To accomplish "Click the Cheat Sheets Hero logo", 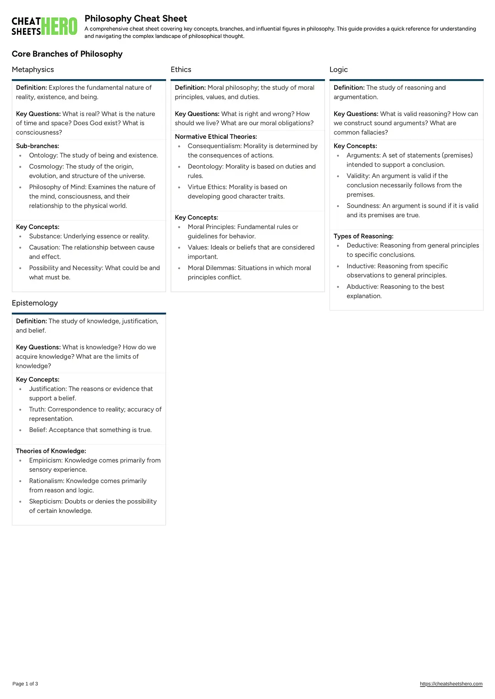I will click(x=44, y=26).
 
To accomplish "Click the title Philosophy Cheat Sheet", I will click(x=136, y=19).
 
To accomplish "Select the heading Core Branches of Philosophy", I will click(x=67, y=54).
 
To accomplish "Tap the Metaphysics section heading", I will click(x=33, y=70).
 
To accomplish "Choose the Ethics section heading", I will click(x=181, y=70).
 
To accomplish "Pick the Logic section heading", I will click(x=339, y=70).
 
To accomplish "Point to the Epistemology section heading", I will click(x=35, y=303).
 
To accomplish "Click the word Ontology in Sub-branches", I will click(x=43, y=156).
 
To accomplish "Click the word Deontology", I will click(x=205, y=167).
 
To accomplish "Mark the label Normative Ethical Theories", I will click(x=216, y=137).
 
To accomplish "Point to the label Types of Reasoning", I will click(x=363, y=236).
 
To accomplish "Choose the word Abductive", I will click(x=362, y=287).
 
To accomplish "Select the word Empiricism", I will click(x=46, y=460).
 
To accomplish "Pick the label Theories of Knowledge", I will click(x=51, y=451).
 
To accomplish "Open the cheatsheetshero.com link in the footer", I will click(x=451, y=684).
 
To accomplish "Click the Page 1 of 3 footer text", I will click(x=25, y=684).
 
